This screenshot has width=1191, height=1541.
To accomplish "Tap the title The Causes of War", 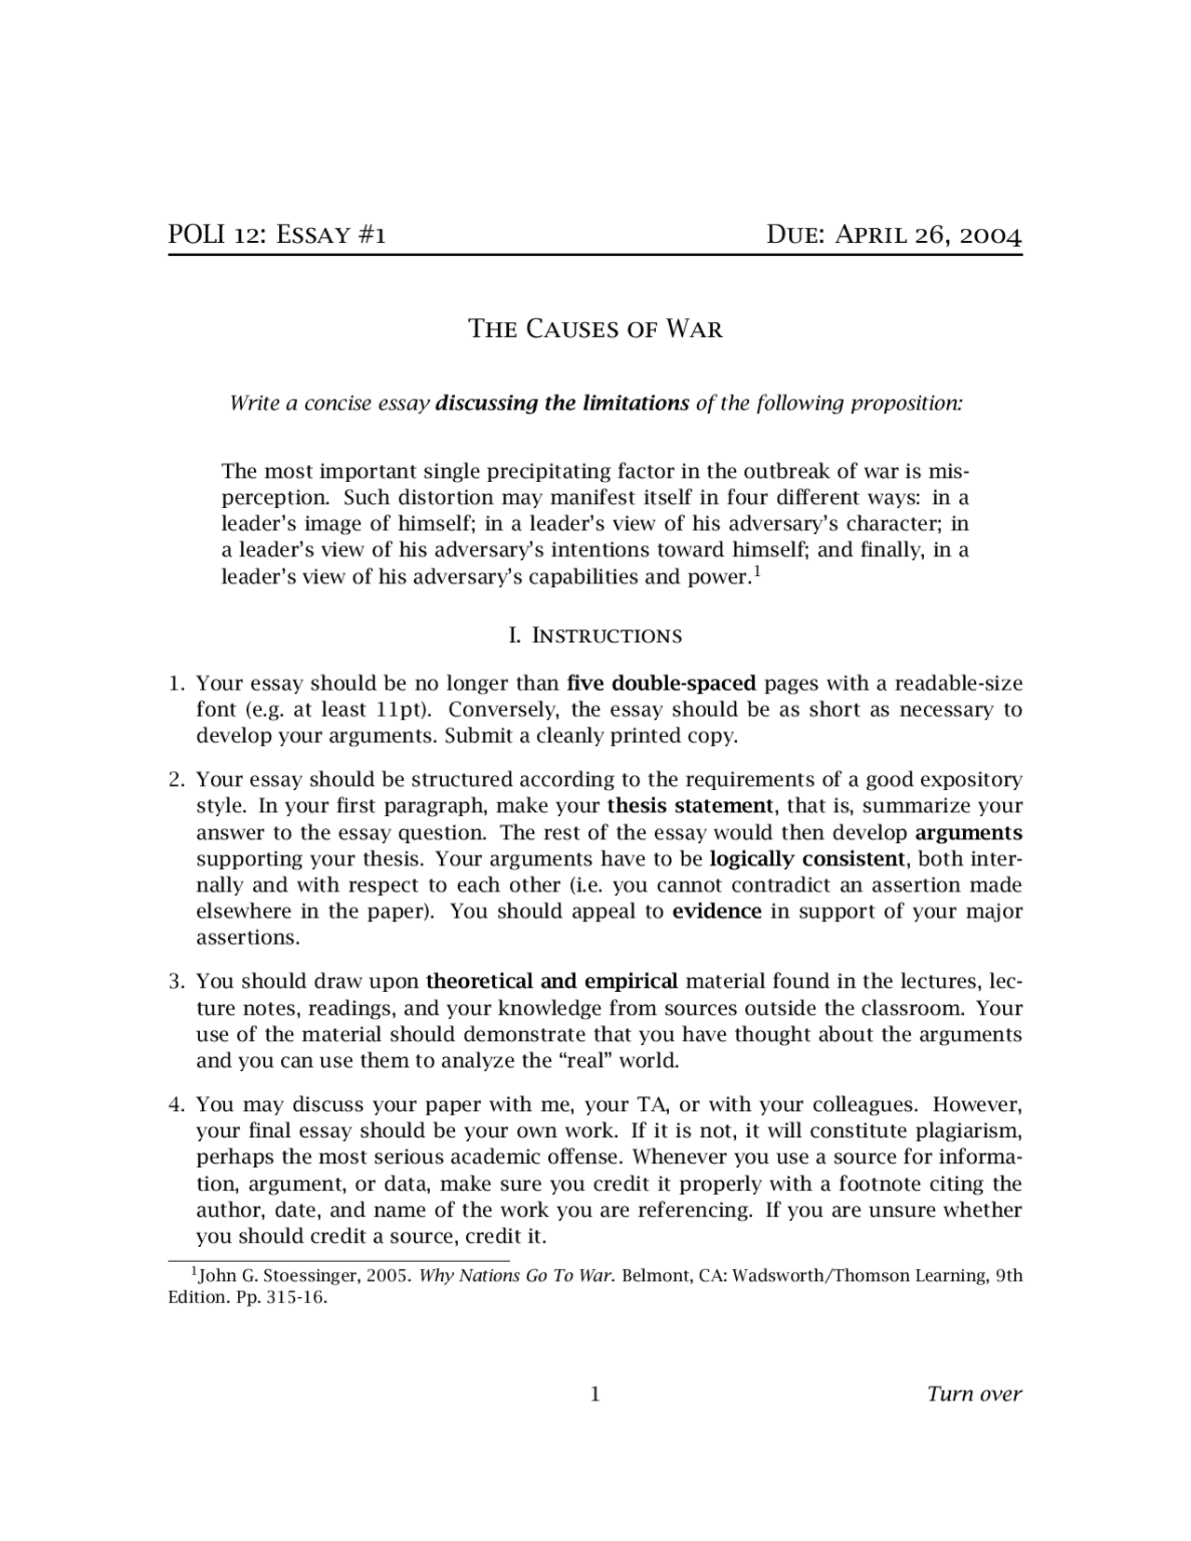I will (595, 329).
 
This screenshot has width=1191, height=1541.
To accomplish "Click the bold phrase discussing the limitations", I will (562, 404).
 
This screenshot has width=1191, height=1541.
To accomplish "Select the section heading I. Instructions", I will (595, 636).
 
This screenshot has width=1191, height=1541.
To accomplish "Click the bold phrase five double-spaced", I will (661, 684).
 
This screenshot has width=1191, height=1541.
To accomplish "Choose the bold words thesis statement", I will (689, 806).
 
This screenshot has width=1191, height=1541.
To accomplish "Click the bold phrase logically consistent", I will (807, 859).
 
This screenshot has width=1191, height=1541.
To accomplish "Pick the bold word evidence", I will (716, 912).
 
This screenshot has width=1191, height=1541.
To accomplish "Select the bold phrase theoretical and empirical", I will (552, 982).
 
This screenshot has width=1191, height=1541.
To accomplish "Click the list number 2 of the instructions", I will (175, 780).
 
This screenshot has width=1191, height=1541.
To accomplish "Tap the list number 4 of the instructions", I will (175, 1105).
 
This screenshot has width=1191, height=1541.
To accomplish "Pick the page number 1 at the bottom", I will (595, 1394).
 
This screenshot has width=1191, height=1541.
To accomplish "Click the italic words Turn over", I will (973, 1394).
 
